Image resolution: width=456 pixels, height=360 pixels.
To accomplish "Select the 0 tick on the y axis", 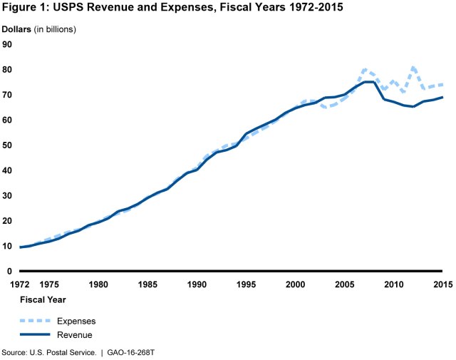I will click(x=9, y=271).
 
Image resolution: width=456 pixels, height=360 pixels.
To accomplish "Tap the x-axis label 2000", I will click(x=295, y=285).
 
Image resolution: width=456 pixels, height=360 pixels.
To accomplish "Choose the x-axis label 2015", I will click(x=442, y=285).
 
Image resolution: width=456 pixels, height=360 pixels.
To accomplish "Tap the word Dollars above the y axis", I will click(x=22, y=29).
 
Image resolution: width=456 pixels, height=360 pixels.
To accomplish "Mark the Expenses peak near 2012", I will click(x=413, y=68).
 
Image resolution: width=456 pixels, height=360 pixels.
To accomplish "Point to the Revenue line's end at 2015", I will click(x=442, y=97).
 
